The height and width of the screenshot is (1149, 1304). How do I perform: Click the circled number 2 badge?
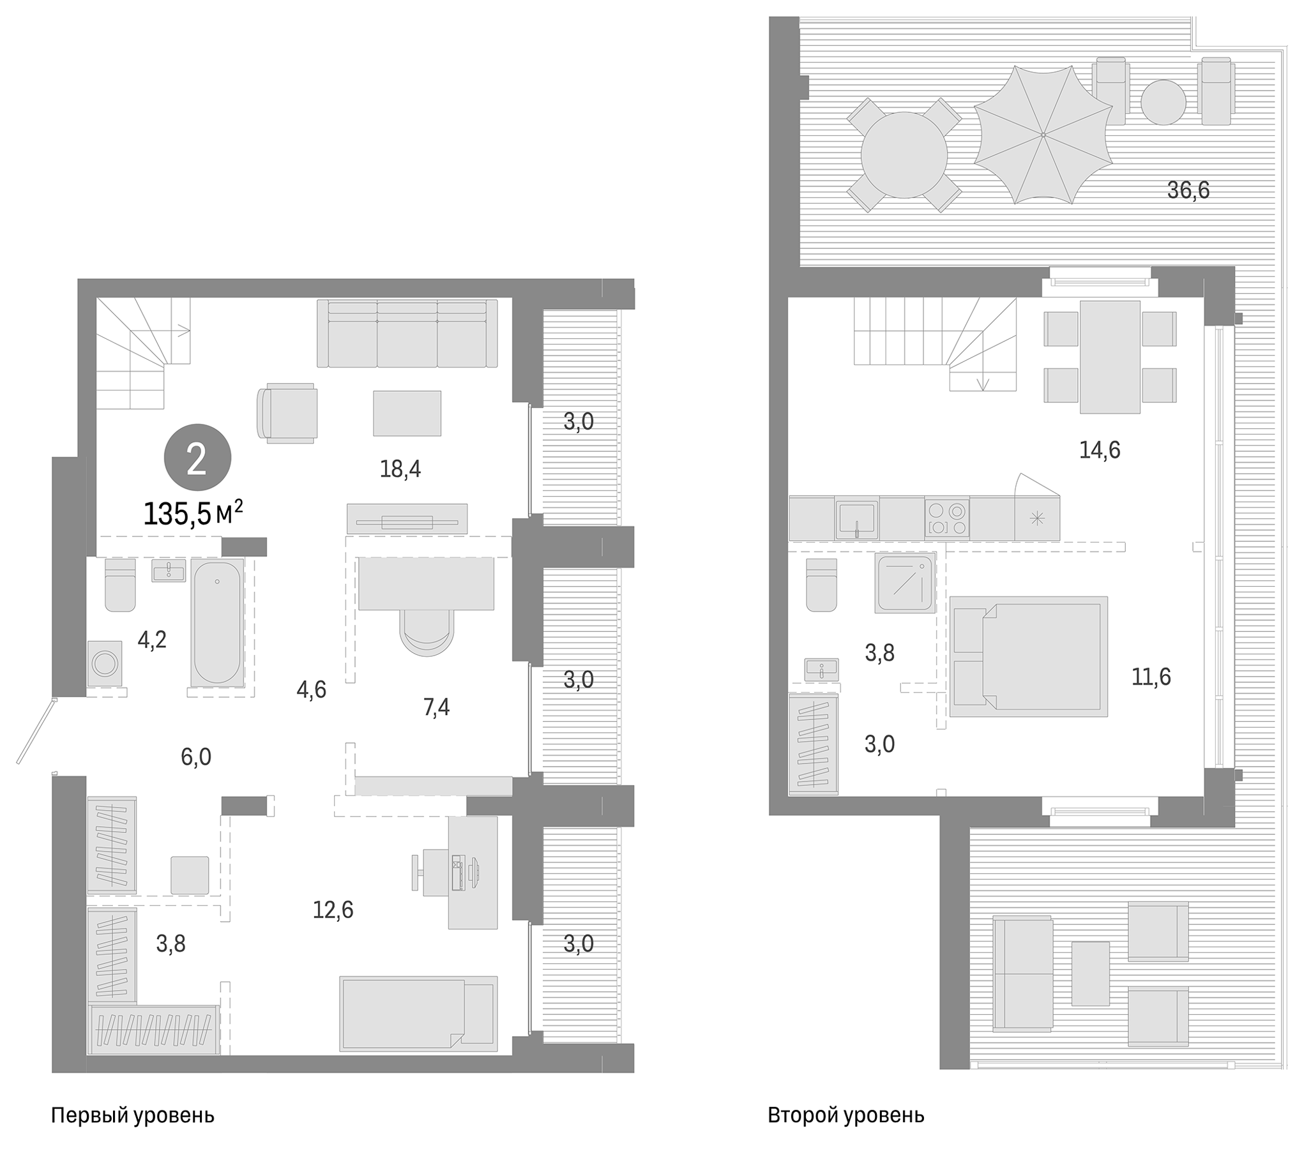[197, 458]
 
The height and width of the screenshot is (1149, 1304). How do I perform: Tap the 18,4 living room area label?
[400, 469]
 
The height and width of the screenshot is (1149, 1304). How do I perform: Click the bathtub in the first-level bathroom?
[217, 622]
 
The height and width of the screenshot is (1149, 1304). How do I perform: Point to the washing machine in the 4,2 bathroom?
[105, 664]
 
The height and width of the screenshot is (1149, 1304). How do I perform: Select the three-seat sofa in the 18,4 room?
[407, 334]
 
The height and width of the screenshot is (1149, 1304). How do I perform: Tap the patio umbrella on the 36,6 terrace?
[1042, 135]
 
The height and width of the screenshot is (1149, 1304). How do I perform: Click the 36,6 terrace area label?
[1187, 190]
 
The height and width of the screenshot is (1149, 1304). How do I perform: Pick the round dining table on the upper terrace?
[904, 154]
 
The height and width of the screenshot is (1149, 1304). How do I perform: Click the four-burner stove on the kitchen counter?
[946, 518]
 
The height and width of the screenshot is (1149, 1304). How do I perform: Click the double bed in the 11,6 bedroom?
[1027, 656]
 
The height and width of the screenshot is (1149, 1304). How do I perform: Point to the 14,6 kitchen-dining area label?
[1099, 450]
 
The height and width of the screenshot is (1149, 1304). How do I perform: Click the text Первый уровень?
[132, 1115]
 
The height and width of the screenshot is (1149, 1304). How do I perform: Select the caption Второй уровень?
[845, 1115]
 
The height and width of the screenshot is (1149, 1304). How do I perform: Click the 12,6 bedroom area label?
[333, 910]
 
